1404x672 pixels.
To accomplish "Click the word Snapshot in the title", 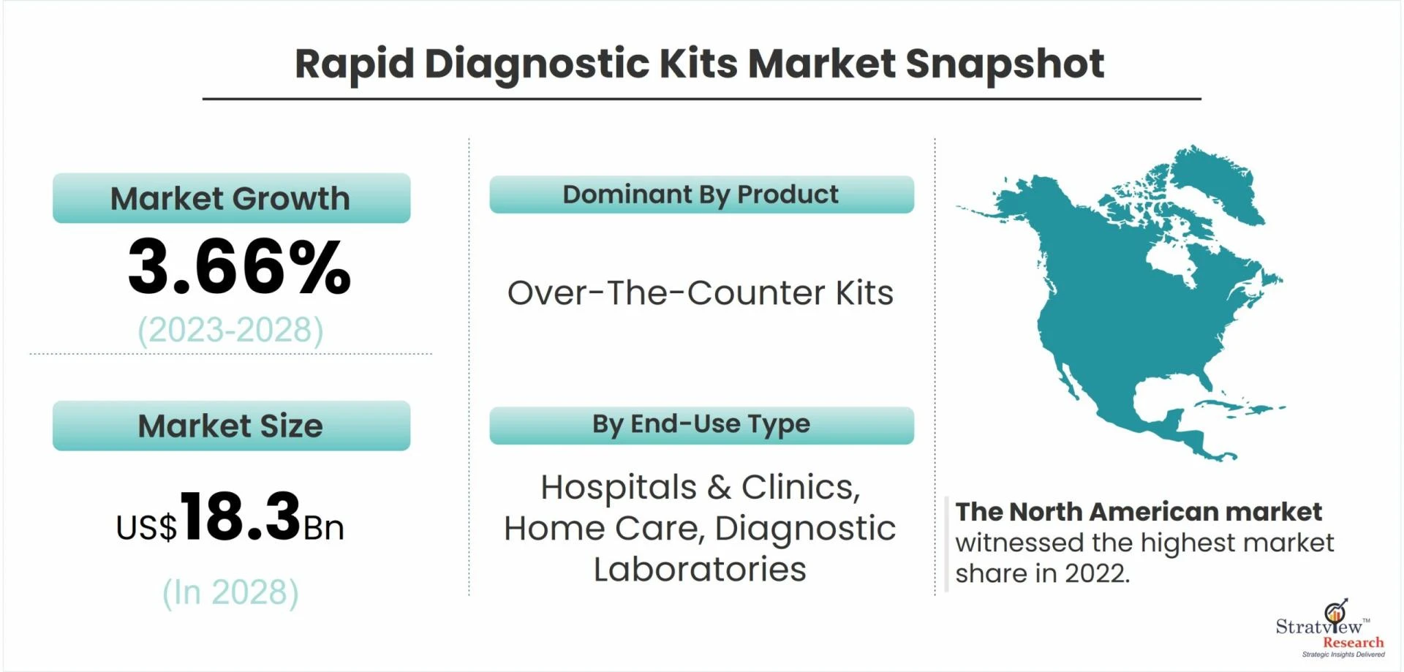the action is (1005, 64).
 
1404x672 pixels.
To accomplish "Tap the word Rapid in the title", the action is (355, 64).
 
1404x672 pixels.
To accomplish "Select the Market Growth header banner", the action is (231, 198).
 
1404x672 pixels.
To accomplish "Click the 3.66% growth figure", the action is (239, 268).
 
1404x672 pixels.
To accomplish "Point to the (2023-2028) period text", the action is (230, 331).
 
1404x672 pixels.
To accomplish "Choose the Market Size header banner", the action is (231, 426).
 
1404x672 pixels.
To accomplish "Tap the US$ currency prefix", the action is (146, 527).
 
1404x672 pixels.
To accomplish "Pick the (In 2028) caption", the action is (230, 593).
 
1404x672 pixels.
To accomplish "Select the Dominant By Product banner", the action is (701, 195).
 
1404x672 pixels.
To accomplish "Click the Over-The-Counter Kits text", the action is (701, 293).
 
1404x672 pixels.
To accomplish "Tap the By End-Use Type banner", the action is (701, 425).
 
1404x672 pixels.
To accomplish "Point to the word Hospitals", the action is (619, 488).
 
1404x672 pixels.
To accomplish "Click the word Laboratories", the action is (700, 570).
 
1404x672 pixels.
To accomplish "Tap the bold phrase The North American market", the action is (1138, 512).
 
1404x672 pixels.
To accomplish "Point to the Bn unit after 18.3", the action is (323, 528).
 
